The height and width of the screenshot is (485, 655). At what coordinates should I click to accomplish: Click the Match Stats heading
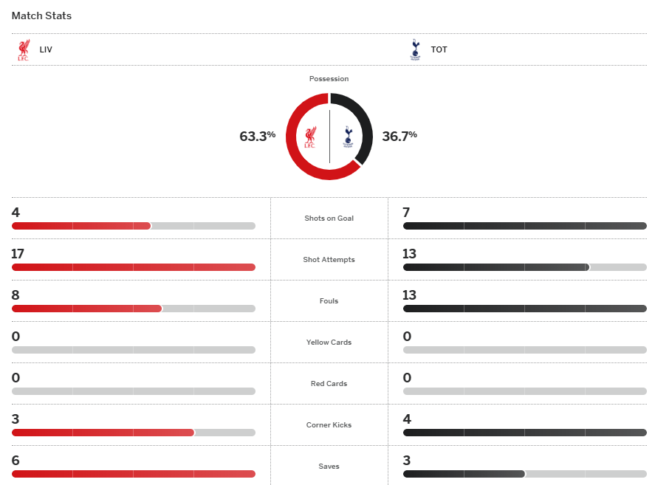tap(41, 16)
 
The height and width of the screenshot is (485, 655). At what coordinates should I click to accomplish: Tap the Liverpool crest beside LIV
tap(24, 50)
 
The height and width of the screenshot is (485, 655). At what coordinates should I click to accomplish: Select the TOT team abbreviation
tap(439, 50)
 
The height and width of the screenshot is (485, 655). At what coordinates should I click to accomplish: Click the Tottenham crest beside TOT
tap(414, 50)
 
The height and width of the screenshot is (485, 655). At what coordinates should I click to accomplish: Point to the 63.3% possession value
tap(257, 136)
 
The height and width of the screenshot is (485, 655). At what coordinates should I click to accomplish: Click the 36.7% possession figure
tap(399, 136)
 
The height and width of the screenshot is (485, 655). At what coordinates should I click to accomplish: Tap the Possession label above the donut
tap(329, 78)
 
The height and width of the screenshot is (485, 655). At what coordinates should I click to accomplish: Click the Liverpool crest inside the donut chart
tap(311, 137)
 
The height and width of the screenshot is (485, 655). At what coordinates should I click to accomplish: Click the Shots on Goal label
tap(329, 219)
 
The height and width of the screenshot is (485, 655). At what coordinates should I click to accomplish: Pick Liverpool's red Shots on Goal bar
tap(81, 226)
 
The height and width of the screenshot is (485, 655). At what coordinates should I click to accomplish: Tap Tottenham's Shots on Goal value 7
tap(406, 213)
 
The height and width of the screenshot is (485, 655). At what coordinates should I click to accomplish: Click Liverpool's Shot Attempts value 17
tap(18, 254)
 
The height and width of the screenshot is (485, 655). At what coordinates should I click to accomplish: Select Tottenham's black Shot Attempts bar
tap(495, 267)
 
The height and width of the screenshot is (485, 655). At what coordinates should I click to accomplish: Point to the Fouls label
tap(329, 301)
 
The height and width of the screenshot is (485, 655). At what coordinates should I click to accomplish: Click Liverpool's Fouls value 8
tap(16, 295)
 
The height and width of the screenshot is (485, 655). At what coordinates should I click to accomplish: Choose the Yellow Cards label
tap(329, 343)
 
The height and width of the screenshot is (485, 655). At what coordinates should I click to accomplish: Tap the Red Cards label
tap(329, 384)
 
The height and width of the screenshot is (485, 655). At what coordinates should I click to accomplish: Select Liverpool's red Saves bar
tap(133, 474)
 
